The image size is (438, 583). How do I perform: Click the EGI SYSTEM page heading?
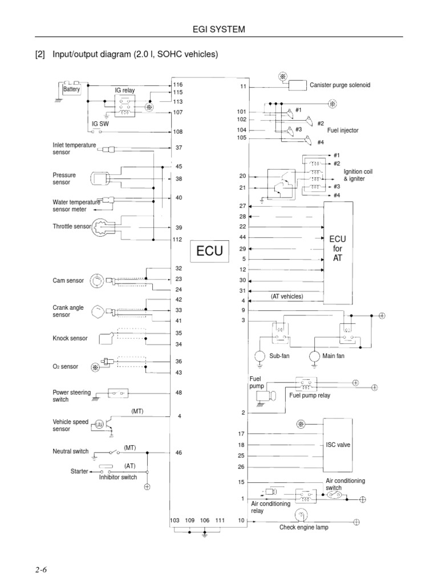219,29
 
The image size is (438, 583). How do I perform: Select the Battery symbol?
72,89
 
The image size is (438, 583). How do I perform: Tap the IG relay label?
124,91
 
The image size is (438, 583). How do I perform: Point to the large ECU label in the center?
209,251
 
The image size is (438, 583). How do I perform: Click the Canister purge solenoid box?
297,86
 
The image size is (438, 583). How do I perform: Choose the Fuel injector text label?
343,130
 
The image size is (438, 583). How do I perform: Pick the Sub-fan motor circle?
260,356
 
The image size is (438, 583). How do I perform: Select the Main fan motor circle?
315,356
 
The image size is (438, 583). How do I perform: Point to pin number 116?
178,84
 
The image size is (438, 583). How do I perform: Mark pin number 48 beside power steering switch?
179,392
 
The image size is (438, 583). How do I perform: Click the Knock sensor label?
70,338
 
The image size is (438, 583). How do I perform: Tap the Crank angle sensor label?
68,311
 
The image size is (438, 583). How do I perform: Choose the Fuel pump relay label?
310,395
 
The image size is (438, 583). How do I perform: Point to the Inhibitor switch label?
118,477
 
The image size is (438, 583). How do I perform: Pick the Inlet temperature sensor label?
74,149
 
